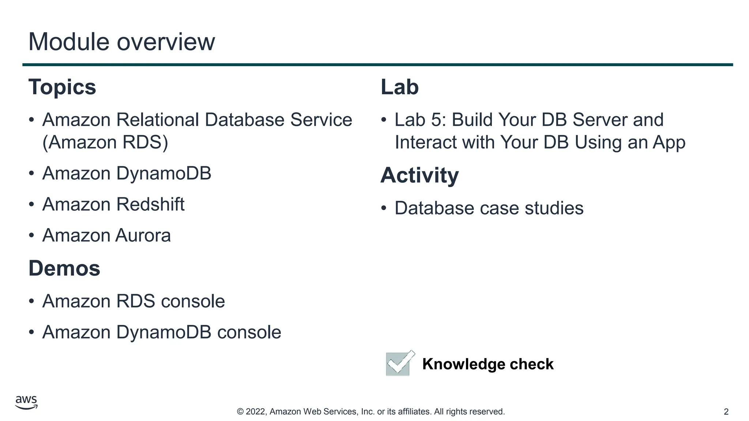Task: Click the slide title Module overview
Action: coord(121,42)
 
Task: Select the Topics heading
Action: coord(62,87)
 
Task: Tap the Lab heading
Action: coord(399,87)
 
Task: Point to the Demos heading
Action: coord(64,268)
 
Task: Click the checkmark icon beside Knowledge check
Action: coord(400,363)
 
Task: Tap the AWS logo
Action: coord(26,402)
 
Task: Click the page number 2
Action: coord(726,412)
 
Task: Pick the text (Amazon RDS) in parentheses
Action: coord(105,142)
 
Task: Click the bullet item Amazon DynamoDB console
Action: coord(162,332)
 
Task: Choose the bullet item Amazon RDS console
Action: coord(133,301)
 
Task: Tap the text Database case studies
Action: coord(489,208)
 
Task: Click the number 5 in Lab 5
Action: coord(436,120)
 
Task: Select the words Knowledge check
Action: coord(488,364)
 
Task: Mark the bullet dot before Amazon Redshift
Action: coord(31,204)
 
